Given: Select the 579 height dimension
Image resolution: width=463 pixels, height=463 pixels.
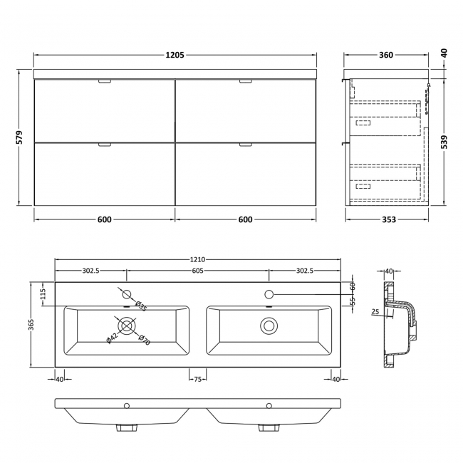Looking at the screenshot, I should coord(20,137).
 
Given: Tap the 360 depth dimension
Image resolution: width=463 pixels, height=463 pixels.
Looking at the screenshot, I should coord(387,55).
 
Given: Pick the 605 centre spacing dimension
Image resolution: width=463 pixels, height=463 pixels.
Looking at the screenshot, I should coord(197,271).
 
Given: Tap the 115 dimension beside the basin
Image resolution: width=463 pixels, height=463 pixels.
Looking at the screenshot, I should coord(43,293).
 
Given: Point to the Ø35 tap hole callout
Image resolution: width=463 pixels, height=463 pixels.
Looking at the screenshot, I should coord(142,307).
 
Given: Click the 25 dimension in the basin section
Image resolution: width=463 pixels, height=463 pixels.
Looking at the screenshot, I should coord(375,311).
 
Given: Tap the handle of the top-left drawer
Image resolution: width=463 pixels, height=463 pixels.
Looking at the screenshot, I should coord(104,82).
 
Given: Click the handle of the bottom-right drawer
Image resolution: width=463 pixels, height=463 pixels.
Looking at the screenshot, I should coord(246,145).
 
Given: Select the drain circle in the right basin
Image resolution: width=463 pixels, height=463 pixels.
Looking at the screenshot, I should coord(269,326).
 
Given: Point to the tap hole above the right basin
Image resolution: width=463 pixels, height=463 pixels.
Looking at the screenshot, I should coord(269,294).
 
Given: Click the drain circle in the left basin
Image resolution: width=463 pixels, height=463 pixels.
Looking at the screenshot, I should coord(127,326).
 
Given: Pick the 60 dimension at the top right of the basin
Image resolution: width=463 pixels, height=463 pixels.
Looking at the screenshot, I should coord(352,286).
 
